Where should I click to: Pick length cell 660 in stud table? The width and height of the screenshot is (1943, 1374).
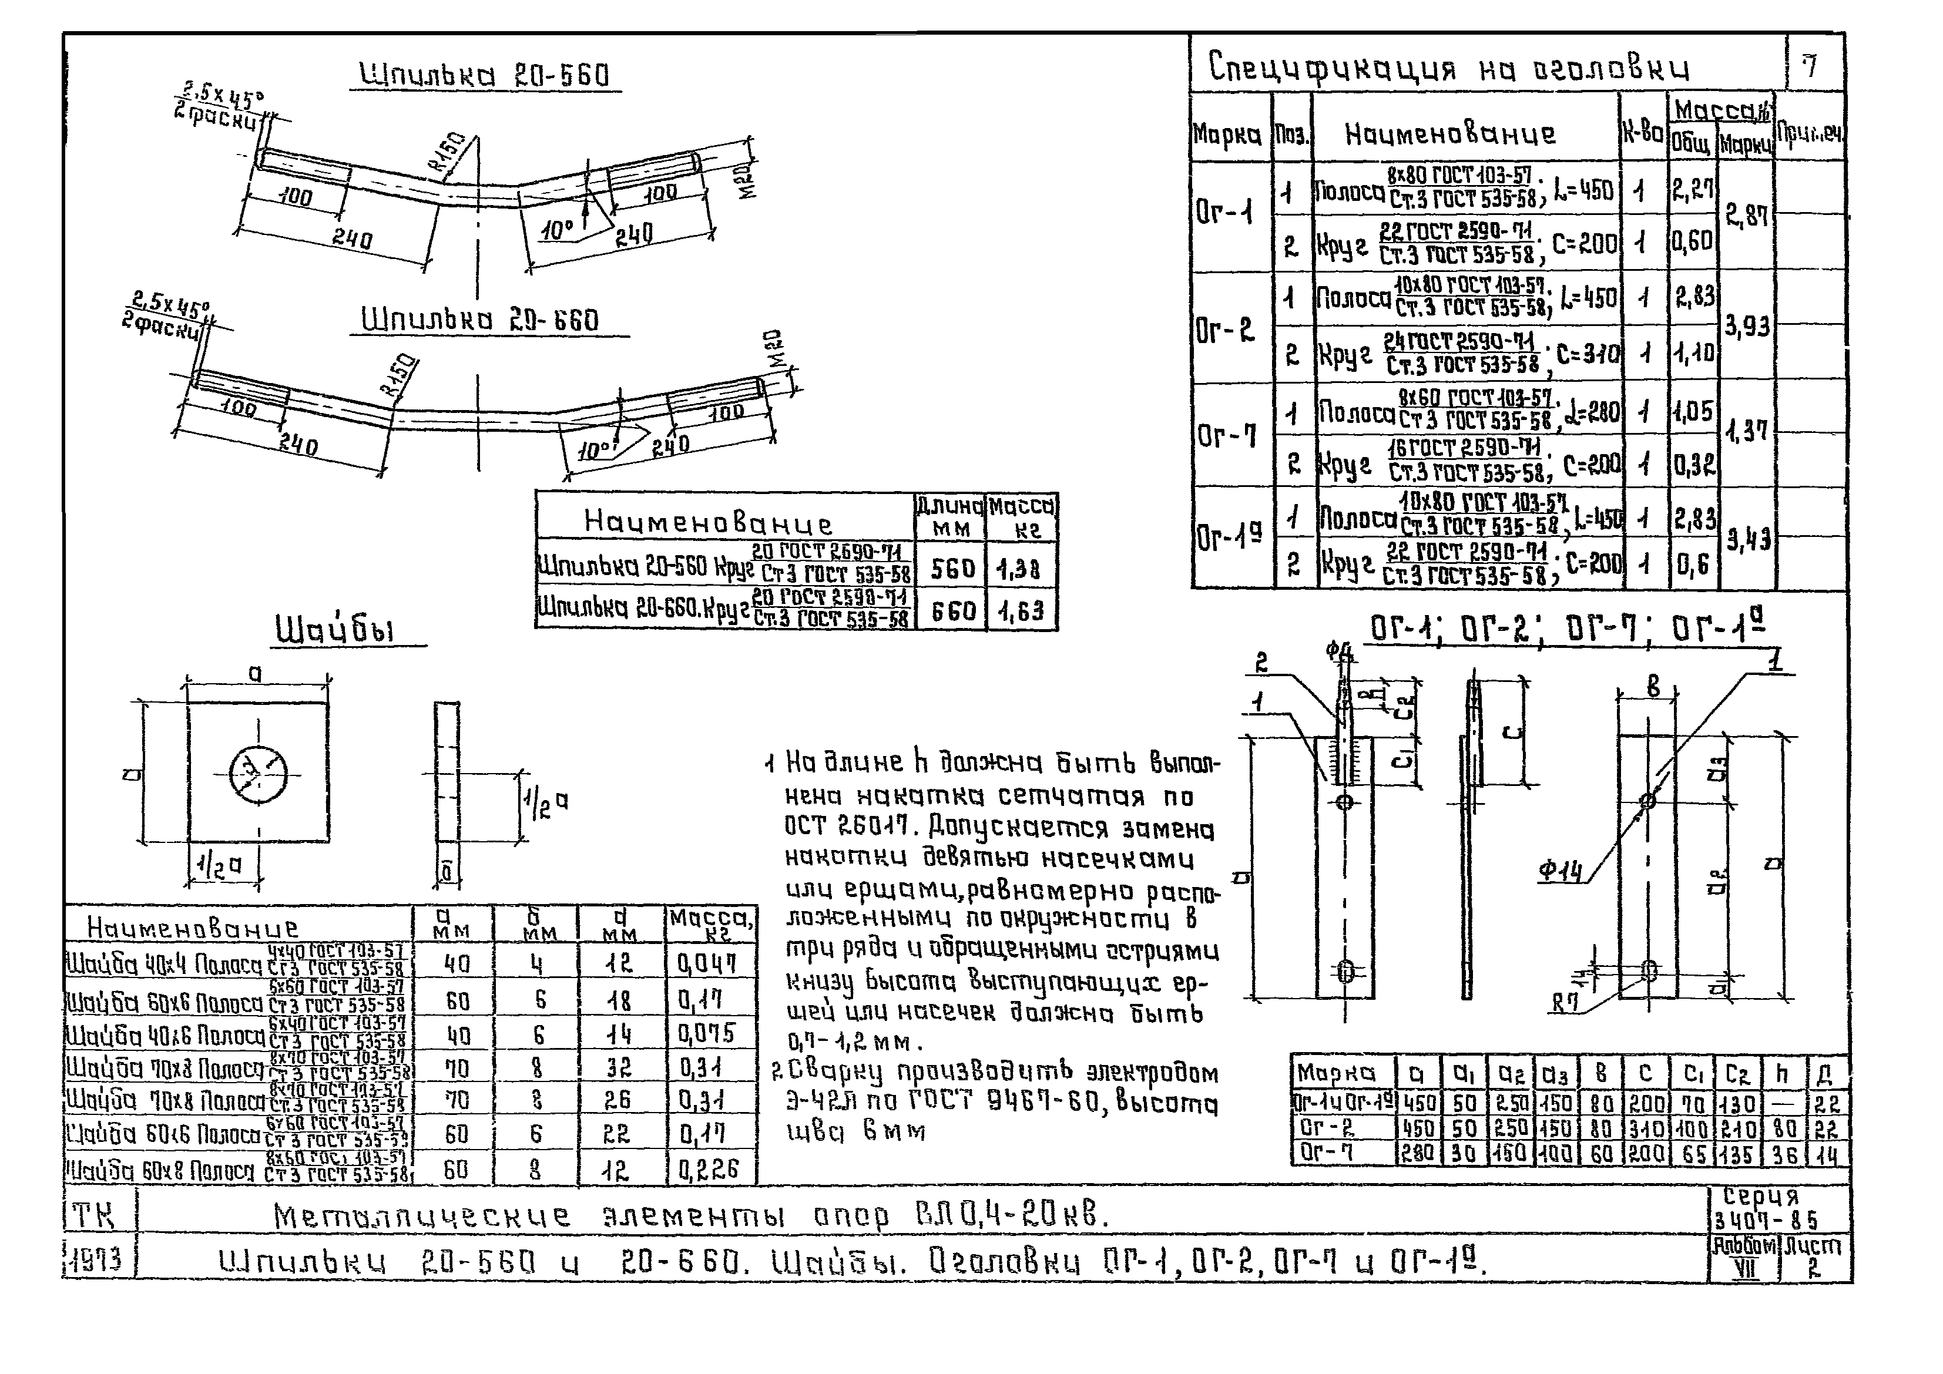(x=953, y=611)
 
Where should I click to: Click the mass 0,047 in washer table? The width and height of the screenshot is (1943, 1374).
(x=707, y=963)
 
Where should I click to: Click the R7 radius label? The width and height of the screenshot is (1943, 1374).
(x=1566, y=1005)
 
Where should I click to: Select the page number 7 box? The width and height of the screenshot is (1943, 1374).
(x=1811, y=64)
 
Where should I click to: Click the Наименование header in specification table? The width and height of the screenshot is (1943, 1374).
(x=1449, y=134)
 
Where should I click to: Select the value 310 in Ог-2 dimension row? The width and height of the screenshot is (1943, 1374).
(x=1646, y=1128)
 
